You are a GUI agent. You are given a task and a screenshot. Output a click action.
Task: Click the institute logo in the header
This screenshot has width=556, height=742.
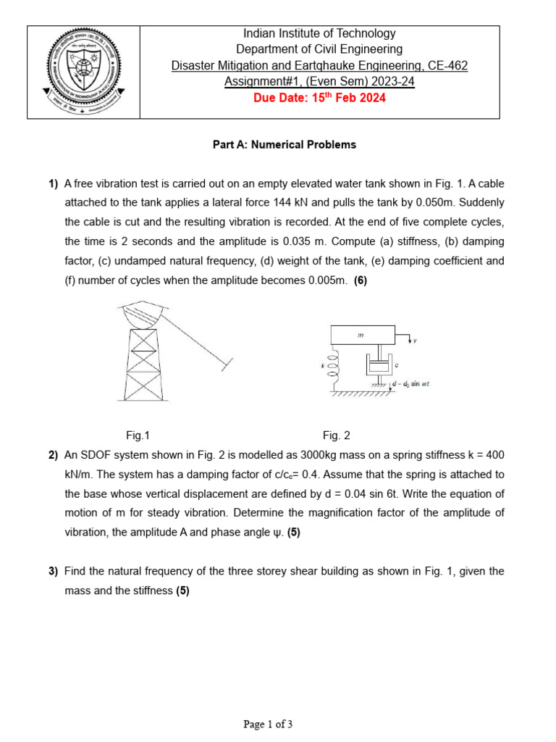click(83, 72)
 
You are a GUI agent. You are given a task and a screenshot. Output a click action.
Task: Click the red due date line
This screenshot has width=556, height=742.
click(319, 99)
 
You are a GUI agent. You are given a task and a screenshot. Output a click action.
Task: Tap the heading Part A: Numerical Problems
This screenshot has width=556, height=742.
click(284, 145)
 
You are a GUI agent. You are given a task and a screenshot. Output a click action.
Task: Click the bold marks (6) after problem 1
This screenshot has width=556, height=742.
click(361, 280)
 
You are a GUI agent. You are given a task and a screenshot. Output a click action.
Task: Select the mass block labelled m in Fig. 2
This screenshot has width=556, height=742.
click(363, 335)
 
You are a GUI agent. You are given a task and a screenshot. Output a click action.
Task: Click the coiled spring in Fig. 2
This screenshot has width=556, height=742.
click(334, 367)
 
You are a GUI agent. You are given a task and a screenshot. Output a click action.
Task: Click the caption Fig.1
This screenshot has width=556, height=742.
click(138, 435)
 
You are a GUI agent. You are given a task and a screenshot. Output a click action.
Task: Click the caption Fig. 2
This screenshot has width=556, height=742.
click(336, 435)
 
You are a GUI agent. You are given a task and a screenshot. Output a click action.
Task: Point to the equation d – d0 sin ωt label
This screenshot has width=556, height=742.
click(410, 384)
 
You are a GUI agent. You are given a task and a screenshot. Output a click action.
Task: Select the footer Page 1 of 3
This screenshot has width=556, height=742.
click(268, 723)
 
